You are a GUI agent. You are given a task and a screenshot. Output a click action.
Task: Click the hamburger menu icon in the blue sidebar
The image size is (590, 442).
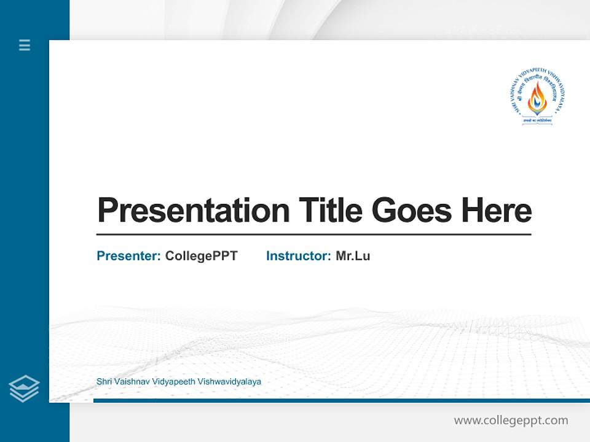pos(25,45)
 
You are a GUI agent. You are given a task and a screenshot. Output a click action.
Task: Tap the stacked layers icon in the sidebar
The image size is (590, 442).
pos(24,389)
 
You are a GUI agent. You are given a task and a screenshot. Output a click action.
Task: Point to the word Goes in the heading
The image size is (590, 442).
pos(412,211)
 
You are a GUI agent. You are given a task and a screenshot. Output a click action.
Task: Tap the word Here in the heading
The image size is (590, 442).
pos(497,211)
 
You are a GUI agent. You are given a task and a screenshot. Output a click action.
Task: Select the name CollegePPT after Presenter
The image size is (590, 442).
pos(201,256)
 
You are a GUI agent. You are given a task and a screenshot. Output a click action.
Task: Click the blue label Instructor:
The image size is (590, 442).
pos(299,256)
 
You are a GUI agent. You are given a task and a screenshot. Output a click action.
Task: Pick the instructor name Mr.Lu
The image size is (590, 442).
pos(353,256)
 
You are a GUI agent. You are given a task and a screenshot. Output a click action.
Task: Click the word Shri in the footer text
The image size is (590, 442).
pos(104,381)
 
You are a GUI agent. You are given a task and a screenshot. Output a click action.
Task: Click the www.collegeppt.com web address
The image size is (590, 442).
pos(511,421)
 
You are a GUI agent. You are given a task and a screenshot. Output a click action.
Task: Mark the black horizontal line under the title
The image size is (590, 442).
pos(313,234)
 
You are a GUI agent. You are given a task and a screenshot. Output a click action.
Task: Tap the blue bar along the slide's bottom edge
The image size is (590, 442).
pos(341,400)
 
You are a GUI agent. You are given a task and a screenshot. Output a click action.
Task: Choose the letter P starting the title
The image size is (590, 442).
pos(108,211)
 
